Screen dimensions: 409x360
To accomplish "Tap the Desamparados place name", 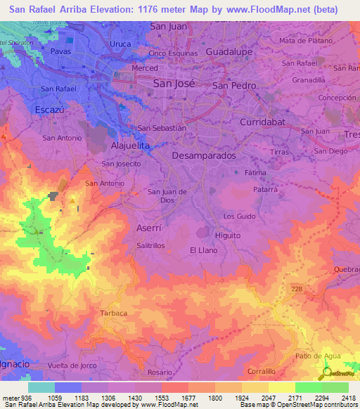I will pyautogui.click(x=204, y=155).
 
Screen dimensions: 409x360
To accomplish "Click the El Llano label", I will pyautogui.click(x=202, y=249).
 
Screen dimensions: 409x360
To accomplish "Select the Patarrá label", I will pyautogui.click(x=265, y=190).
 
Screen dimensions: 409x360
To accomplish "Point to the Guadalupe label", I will pyautogui.click(x=229, y=52).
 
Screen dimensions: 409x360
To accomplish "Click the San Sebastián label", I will pyautogui.click(x=162, y=128).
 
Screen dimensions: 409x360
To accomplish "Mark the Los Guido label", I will pyautogui.click(x=238, y=216).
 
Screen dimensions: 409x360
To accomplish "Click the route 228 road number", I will pyautogui.click(x=297, y=289).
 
